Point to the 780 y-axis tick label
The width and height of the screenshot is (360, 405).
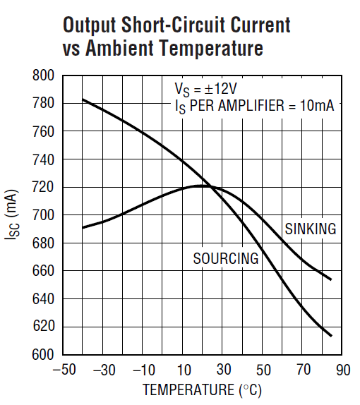pos(44,104)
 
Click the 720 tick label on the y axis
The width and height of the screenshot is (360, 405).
pos(44,187)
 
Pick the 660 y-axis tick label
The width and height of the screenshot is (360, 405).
pos(44,271)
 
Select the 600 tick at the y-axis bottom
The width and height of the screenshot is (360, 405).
pos(44,354)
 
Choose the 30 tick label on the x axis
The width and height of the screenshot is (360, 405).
pos(224,370)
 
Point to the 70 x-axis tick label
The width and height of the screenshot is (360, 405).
pos(304,370)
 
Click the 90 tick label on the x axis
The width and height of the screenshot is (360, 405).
pos(343,370)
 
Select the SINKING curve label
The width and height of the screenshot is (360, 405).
pos(311,229)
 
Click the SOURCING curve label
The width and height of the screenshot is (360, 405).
pos(226,259)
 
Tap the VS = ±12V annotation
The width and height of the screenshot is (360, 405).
pos(206,90)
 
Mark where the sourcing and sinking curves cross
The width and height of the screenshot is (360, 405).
pos(205,186)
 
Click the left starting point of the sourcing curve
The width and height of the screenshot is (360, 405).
pos(83,99)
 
